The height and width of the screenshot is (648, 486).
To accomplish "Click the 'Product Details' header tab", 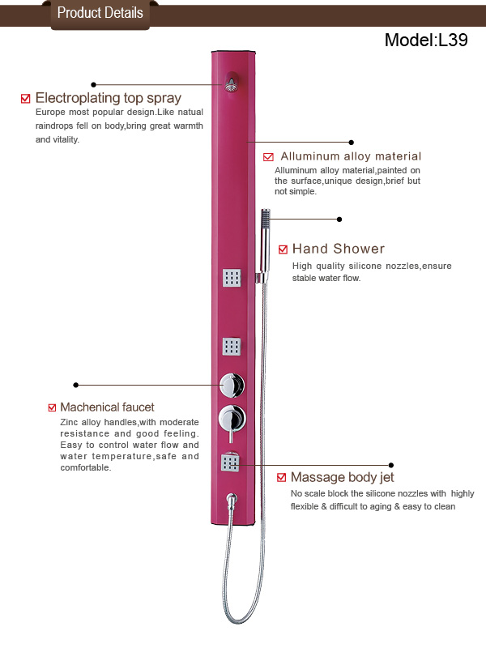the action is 100,15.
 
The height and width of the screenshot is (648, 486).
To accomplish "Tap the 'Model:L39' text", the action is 426,40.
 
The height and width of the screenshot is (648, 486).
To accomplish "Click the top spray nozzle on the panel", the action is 232,83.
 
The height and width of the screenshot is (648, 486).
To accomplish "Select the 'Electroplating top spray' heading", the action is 109,98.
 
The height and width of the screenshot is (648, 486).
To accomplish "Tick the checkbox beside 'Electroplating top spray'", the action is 26,98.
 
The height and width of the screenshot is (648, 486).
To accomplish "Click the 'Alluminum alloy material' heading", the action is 351,156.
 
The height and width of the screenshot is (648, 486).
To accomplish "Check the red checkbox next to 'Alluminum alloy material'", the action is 268,156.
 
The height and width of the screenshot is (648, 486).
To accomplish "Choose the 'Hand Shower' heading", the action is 339,249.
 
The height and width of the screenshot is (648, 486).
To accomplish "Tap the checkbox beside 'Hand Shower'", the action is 283,249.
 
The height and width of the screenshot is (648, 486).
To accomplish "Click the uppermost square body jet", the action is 232,278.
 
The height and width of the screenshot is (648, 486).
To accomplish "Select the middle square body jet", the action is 232,347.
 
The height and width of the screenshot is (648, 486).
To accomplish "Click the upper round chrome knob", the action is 232,386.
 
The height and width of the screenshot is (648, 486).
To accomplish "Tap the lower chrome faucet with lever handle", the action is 232,420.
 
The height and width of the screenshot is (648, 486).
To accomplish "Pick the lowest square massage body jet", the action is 230,462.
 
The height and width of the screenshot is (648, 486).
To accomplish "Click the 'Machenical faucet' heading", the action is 107,407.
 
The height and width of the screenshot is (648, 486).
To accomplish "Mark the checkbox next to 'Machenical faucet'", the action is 52,407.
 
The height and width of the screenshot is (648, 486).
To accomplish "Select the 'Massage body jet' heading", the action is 342,477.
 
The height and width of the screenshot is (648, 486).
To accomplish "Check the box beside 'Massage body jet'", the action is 281,478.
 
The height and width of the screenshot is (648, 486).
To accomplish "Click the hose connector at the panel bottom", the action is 232,499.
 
